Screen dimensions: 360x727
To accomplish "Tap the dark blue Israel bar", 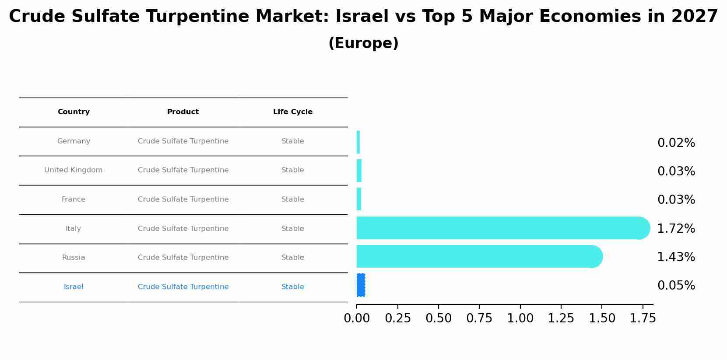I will (361, 285).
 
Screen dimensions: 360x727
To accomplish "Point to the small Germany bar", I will (358, 142).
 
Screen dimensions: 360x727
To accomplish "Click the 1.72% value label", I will (676, 228).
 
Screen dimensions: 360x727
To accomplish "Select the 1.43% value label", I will (676, 257).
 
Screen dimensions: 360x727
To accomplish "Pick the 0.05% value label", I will (676, 286).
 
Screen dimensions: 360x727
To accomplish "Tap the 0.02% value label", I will (676, 143).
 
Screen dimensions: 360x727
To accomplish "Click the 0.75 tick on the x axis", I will (479, 318).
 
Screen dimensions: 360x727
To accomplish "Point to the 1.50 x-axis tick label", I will (602, 318).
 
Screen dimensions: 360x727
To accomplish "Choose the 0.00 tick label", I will (357, 318).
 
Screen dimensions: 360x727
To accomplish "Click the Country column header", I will (74, 112).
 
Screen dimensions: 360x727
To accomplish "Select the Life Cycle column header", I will (292, 112).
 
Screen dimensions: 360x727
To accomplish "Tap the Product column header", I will (183, 112).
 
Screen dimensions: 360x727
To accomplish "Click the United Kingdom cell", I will (74, 170).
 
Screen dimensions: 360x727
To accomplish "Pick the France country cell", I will (74, 199).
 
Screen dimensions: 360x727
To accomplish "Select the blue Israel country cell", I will (74, 287).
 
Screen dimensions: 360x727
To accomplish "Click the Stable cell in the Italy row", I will (292, 229).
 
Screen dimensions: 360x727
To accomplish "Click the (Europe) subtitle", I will (363, 43).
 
